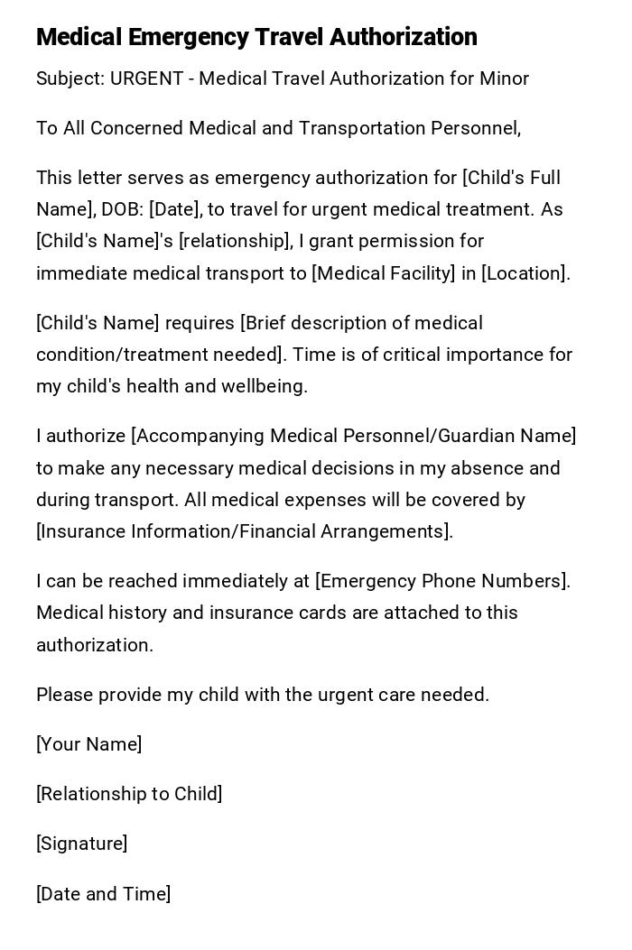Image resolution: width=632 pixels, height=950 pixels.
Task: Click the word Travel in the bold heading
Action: pos(288,37)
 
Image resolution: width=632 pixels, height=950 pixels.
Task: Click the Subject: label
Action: pos(70,78)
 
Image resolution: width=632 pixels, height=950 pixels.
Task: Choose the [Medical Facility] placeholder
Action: pos(383,273)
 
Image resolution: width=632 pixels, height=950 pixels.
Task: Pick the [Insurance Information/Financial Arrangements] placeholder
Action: pos(244,531)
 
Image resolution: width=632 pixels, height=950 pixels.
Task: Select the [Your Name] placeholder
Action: pos(89,744)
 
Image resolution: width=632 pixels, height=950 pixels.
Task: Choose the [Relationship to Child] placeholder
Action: pos(129,794)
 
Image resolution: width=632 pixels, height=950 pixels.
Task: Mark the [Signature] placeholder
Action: pos(82,844)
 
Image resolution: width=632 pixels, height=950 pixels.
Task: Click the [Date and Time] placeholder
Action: pos(104,894)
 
